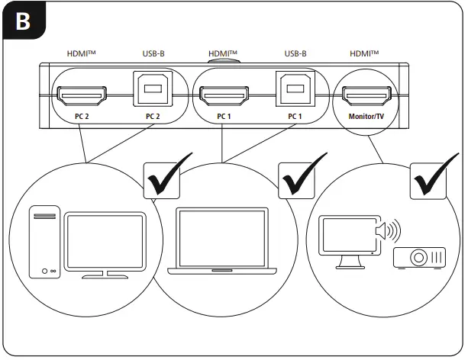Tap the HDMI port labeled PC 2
81,96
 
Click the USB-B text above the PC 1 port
295,54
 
